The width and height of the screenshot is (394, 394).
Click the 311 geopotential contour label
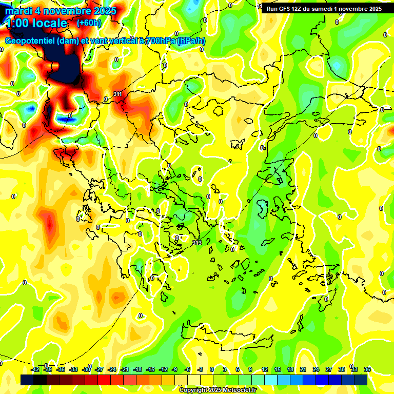pos(117,94)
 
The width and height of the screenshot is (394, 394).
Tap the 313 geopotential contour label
pos(196,242)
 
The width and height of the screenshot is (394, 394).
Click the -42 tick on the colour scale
pos(35,369)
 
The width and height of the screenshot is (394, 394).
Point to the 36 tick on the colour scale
pos(367,369)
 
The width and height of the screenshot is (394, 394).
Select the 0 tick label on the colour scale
pos(212,369)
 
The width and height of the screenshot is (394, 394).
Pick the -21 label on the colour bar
pos(125,369)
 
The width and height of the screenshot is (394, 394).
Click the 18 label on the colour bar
pos(290,369)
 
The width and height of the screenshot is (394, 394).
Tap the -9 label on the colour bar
pos(174,369)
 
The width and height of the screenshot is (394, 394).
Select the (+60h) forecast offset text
pos(89,23)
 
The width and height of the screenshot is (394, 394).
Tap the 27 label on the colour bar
pos(329,369)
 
